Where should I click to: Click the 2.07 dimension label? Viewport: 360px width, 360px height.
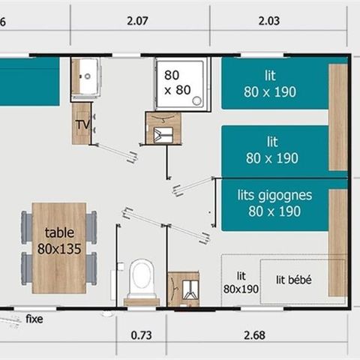pos(136,22)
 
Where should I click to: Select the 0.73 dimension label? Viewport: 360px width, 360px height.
pos(141,334)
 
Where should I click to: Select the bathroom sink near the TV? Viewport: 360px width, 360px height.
pos(88,74)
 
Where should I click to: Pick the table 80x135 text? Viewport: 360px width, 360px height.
pos(59,241)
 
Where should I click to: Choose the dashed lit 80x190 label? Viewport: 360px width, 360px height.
pos(240,283)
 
